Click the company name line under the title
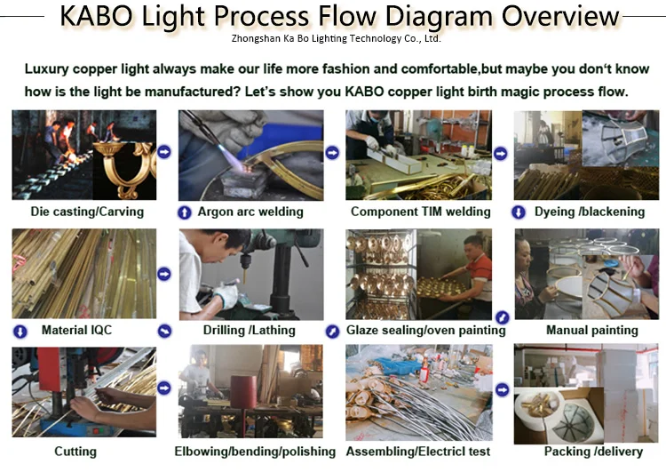336,39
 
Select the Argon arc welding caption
250,212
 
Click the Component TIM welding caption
421,212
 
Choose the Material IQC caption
77,330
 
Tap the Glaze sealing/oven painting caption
426,330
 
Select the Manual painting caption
591,330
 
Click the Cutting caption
75,451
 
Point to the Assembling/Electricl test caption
421,451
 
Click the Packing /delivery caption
591,451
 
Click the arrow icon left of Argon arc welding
185,212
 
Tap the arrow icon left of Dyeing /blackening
519,212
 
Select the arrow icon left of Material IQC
20,331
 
